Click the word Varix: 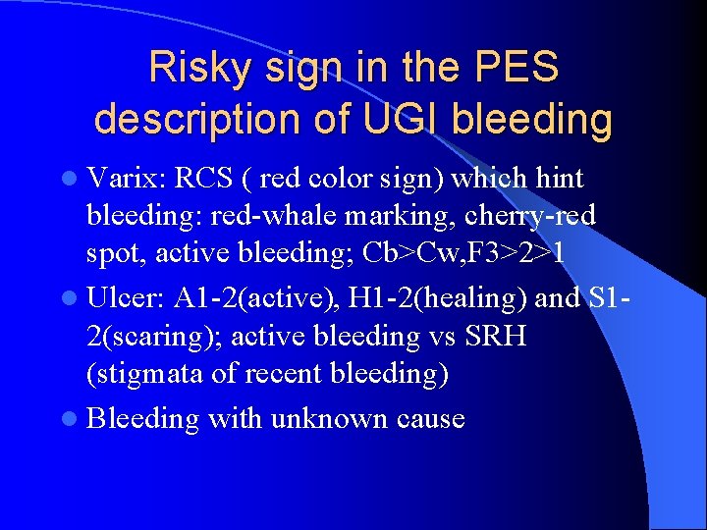coord(125,179)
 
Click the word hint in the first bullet coord(557,179)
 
